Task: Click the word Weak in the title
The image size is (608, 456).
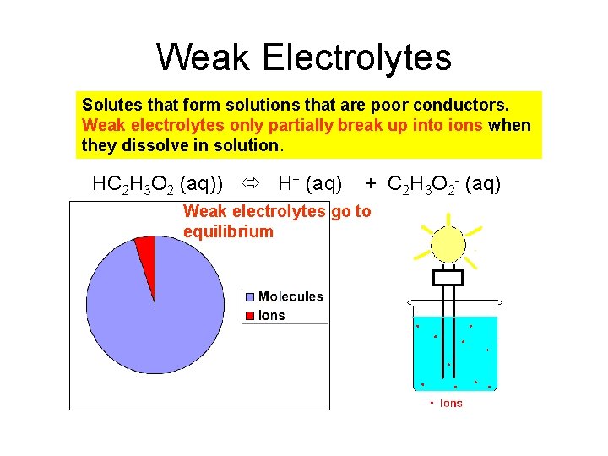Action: (x=204, y=58)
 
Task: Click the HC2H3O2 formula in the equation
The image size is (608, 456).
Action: (x=134, y=184)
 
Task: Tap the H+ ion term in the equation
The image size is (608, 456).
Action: (x=287, y=182)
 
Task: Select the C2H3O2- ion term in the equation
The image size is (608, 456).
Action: (x=423, y=183)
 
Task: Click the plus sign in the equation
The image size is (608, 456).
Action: (x=370, y=183)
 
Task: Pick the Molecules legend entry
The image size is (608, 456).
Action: (x=290, y=296)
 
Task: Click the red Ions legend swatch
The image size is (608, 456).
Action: (x=250, y=316)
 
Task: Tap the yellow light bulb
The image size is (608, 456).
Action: (x=448, y=243)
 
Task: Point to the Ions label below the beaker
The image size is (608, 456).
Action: (x=451, y=404)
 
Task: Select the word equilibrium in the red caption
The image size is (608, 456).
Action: (x=228, y=232)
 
